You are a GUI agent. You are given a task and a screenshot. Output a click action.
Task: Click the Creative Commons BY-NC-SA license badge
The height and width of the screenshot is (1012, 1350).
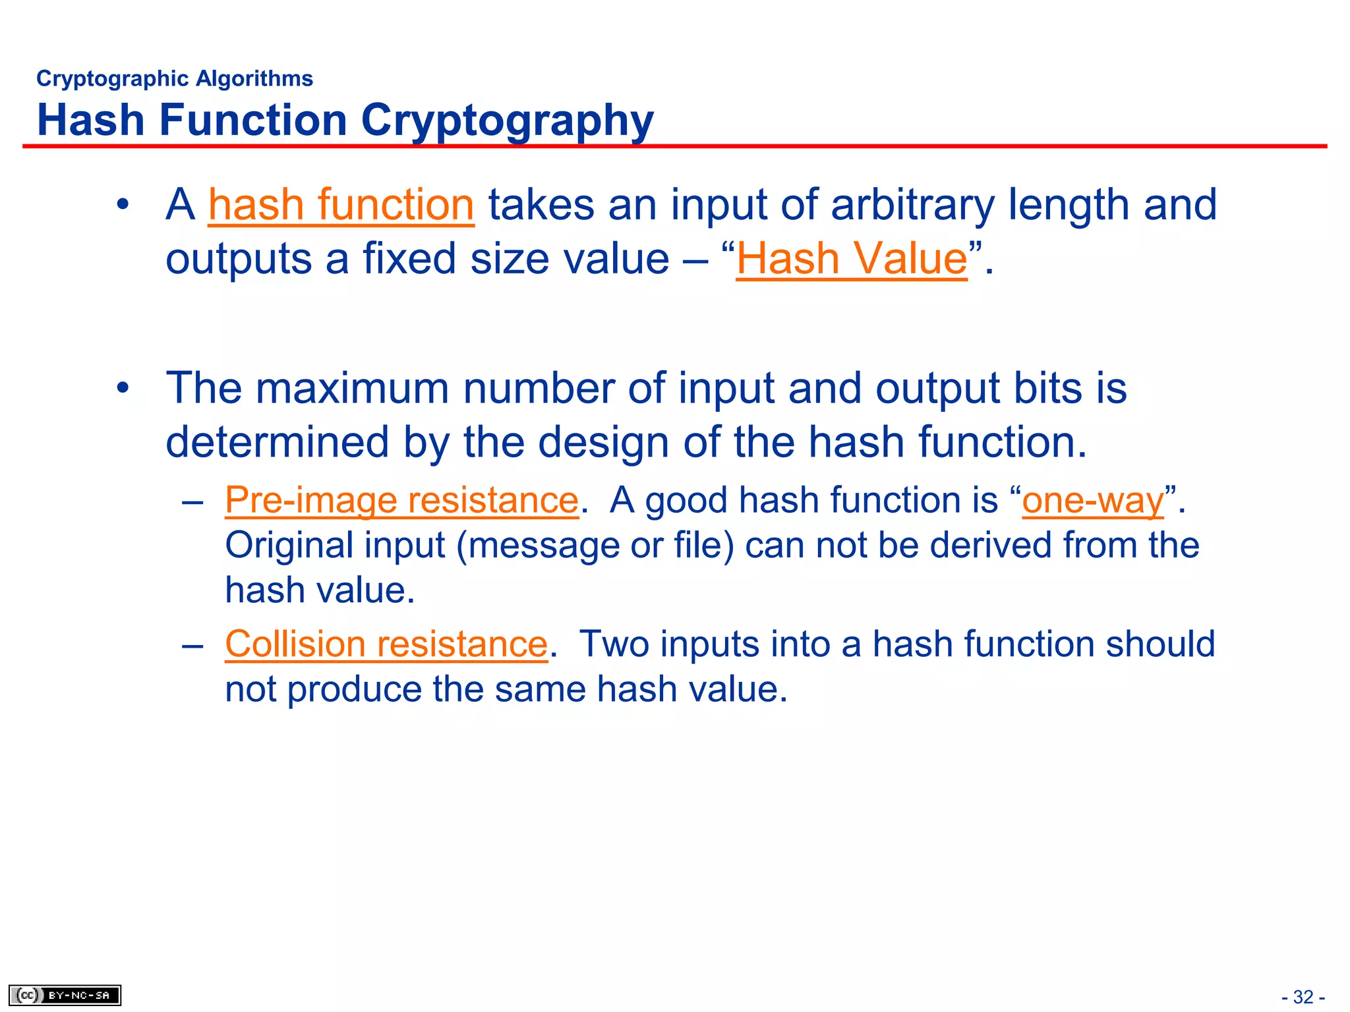[65, 995]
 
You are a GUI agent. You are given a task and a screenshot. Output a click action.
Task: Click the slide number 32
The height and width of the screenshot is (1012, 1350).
[1303, 997]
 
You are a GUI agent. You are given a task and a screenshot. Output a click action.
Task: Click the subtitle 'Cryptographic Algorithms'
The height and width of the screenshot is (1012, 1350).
[175, 78]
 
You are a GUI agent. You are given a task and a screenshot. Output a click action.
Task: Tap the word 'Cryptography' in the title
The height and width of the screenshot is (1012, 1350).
[507, 121]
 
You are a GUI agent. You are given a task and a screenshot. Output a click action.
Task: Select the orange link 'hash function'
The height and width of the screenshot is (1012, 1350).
[341, 205]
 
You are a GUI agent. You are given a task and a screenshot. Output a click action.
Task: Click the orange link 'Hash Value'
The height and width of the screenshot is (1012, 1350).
[852, 258]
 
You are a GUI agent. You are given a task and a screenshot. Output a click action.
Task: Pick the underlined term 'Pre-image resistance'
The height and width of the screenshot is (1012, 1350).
[401, 500]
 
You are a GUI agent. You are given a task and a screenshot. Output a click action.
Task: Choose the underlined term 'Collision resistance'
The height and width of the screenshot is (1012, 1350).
[386, 644]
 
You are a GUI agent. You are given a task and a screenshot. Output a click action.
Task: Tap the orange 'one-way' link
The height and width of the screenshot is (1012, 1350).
[1093, 500]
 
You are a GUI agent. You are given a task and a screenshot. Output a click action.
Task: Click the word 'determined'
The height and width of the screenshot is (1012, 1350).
[277, 441]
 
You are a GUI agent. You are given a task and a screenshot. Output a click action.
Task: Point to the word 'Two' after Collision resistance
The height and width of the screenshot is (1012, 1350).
[614, 644]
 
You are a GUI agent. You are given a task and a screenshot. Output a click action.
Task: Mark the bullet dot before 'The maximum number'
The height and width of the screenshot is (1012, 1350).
[123, 388]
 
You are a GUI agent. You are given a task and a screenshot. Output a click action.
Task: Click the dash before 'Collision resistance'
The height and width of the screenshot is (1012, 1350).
[192, 644]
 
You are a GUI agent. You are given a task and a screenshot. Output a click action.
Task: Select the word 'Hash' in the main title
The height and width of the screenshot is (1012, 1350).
[90, 121]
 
